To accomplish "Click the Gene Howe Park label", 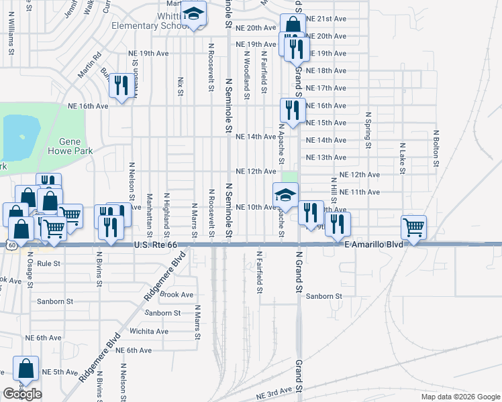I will point(70,147).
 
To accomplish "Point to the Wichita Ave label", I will point(149,331).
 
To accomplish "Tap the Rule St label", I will point(50,263).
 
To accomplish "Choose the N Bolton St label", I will point(436,148).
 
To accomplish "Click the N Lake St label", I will point(402,158).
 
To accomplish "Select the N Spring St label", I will point(368,131).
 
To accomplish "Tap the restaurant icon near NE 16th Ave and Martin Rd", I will point(121,85).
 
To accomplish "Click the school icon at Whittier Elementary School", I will point(194,15).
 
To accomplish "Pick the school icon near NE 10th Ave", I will point(285,196).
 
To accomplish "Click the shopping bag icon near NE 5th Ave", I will point(26,369).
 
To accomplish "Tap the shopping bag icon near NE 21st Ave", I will point(293,25).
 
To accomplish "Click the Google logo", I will point(22,394).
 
